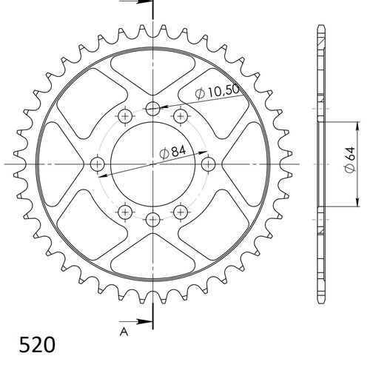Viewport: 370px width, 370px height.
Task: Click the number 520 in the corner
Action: (x=35, y=345)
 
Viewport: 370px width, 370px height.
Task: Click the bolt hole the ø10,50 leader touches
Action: (x=153, y=109)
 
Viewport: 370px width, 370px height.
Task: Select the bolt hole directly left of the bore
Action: (x=97, y=164)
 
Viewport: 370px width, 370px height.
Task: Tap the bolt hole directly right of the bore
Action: (x=209, y=164)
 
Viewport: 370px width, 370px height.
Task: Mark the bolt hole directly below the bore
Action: (x=153, y=219)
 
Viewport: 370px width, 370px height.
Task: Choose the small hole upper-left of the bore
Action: (x=125, y=115)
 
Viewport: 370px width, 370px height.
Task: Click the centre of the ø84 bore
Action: (x=153, y=164)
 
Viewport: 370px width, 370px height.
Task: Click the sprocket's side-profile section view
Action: (x=320, y=163)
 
